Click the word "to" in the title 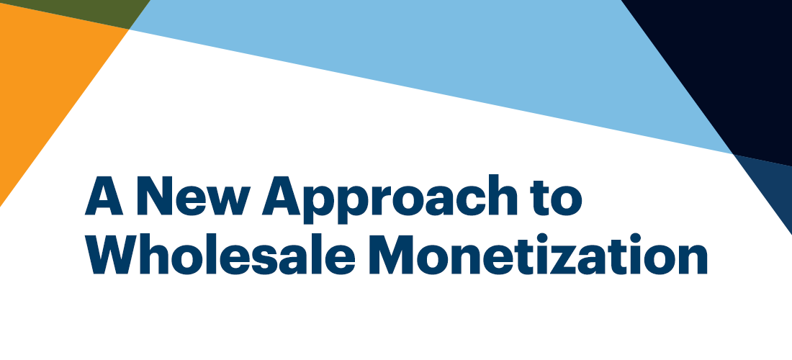pyautogui.click(x=554, y=197)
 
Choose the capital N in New pyautogui.click(x=155, y=195)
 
